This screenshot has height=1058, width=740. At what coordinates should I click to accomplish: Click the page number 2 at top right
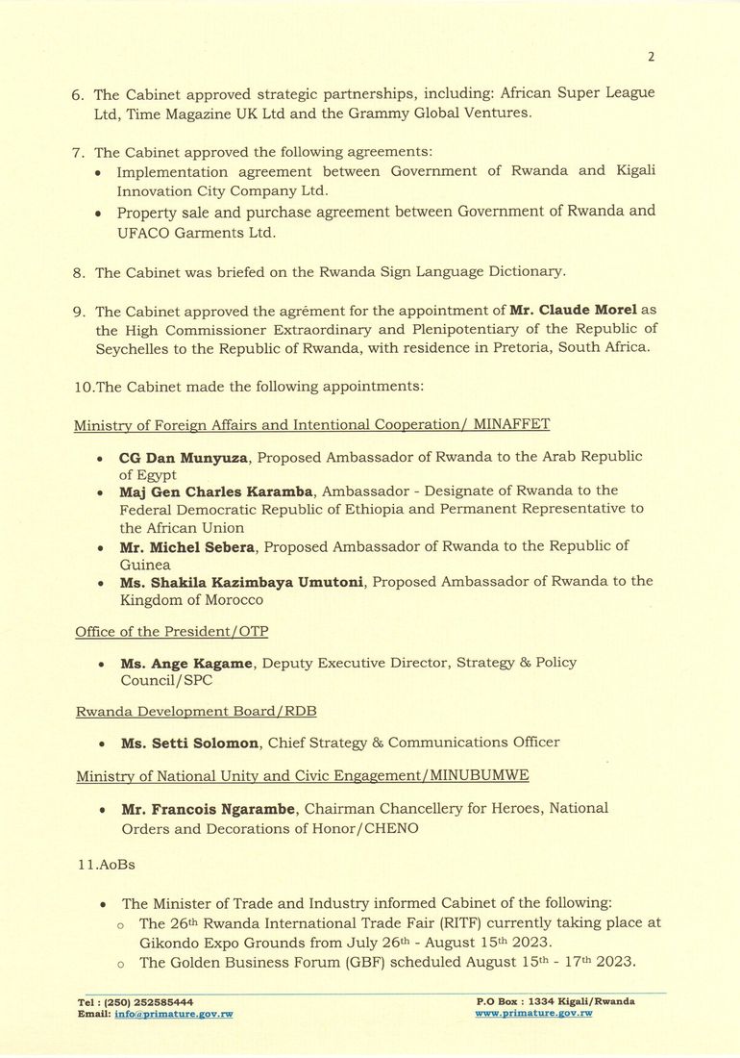[x=651, y=57]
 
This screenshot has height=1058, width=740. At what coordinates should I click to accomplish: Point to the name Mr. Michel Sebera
[x=187, y=546]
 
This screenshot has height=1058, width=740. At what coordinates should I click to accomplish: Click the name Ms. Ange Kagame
[x=186, y=663]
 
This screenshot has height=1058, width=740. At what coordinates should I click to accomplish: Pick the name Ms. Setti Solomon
[x=188, y=743]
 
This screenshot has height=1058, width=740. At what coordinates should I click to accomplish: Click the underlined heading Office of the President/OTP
[x=172, y=631]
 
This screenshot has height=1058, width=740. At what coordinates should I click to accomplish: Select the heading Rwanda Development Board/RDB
[x=196, y=711]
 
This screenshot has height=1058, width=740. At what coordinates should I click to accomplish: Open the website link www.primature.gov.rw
[x=533, y=1014]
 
